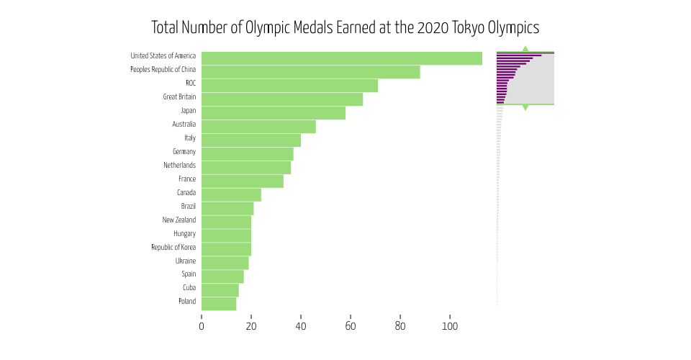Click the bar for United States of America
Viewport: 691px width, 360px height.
pos(342,58)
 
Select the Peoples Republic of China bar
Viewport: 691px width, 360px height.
pos(310,72)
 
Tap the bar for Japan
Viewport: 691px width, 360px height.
pos(274,113)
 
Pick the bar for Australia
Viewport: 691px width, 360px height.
pos(258,127)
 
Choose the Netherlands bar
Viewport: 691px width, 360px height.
pos(246,168)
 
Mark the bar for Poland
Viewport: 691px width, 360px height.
pos(219,304)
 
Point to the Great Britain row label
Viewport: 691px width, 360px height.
pos(179,96)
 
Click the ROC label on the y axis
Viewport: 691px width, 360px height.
pos(190,83)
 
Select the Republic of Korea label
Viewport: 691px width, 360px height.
pos(173,247)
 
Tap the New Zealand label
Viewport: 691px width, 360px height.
pos(179,220)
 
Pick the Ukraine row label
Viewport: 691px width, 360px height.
pos(185,261)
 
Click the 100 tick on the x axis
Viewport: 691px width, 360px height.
pos(450,326)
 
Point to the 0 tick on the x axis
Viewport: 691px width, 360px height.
pos(202,326)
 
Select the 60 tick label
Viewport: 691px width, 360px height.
pos(351,326)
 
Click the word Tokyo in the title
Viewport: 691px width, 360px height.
pos(467,28)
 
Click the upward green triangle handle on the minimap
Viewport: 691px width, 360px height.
pos(525,48)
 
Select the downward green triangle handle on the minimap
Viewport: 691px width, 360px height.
pos(525,107)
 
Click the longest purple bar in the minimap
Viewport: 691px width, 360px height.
pos(525,53)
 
